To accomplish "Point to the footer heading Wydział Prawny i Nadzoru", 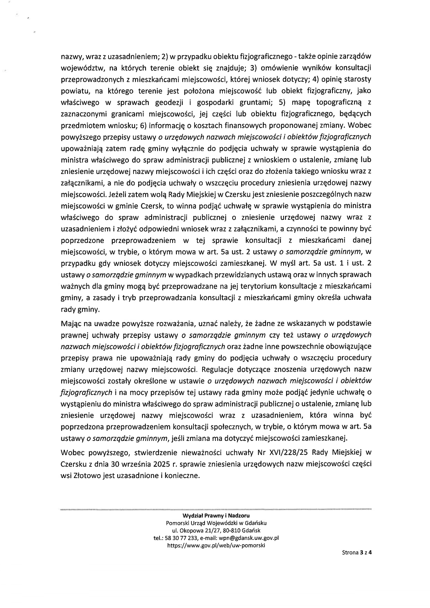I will pos(216,515).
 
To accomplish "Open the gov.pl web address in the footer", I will pos(216,545).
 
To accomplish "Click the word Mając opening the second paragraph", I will pos(71,323).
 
